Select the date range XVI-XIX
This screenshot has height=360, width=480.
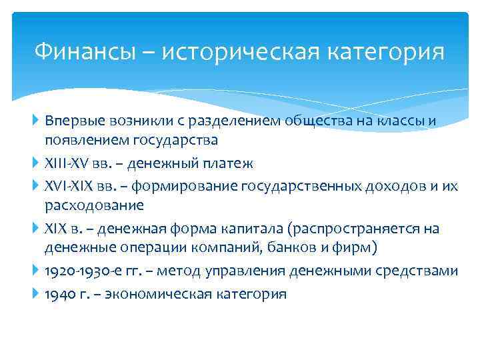click(71, 186)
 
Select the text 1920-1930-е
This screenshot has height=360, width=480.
click(83, 271)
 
